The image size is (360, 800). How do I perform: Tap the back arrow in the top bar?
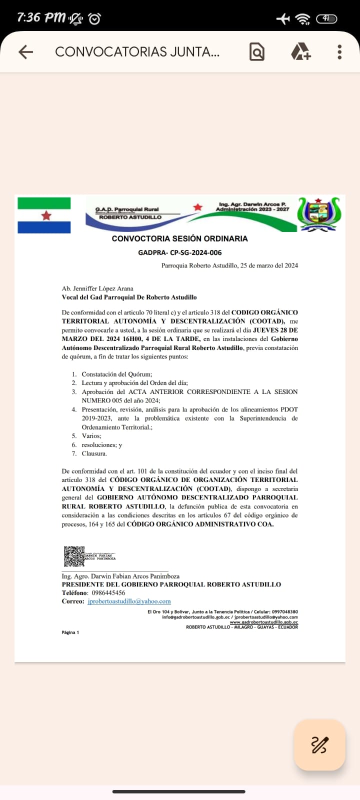pyautogui.click(x=25, y=52)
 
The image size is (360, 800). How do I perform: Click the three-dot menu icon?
pyautogui.click(x=339, y=52)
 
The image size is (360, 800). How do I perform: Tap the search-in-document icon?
pyautogui.click(x=256, y=52)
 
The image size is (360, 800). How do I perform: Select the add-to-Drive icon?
pyautogui.click(x=300, y=52)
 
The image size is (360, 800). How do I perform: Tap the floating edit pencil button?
pyautogui.click(x=319, y=744)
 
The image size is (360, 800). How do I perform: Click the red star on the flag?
pyautogui.click(x=46, y=215)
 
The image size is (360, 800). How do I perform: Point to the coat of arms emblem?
pyautogui.click(x=318, y=214)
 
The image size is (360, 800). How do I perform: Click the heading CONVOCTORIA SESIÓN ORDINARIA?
pyautogui.click(x=179, y=238)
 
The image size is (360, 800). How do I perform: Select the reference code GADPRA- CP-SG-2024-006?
pyautogui.click(x=179, y=252)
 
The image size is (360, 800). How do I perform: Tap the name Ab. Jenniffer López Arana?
pyautogui.click(x=97, y=288)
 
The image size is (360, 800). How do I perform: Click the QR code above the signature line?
pyautogui.click(x=74, y=556)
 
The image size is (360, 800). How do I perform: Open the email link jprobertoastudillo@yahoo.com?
pyautogui.click(x=129, y=601)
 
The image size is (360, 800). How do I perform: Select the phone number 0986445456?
pyautogui.click(x=108, y=593)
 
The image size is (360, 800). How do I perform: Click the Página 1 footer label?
pyautogui.click(x=70, y=632)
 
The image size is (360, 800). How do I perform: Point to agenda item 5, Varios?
pyautogui.click(x=91, y=436)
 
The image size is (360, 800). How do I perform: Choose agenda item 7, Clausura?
pyautogui.click(x=94, y=453)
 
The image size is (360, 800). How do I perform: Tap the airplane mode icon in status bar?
pyautogui.click(x=283, y=18)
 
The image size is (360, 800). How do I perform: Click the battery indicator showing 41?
pyautogui.click(x=326, y=18)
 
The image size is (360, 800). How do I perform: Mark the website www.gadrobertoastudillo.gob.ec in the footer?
pyautogui.click(x=263, y=622)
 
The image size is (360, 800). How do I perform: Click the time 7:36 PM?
pyautogui.click(x=41, y=17)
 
